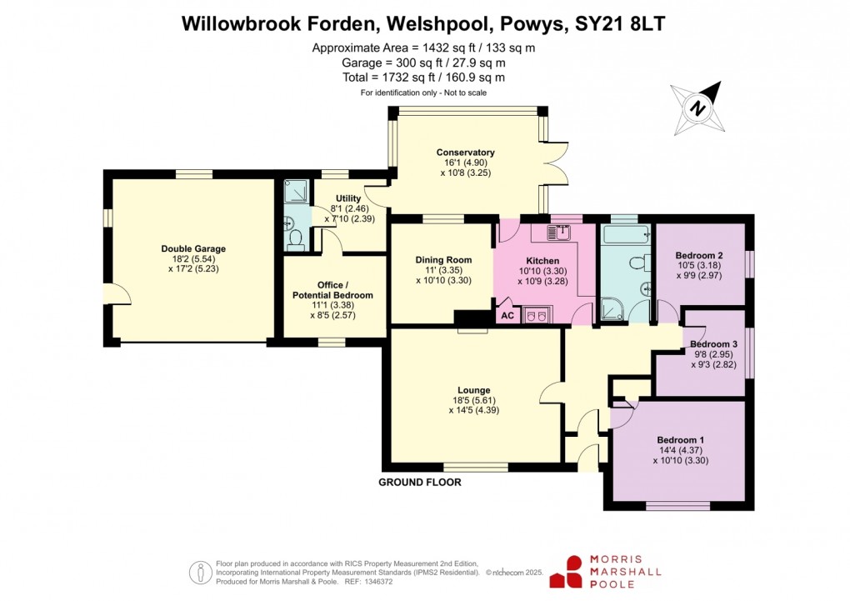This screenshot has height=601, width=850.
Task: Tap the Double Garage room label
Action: [193, 248]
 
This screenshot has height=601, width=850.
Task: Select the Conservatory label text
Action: [466, 153]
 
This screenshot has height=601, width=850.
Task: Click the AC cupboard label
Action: [506, 317]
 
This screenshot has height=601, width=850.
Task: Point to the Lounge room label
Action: [473, 390]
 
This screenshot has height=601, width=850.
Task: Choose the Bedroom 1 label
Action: [680, 440]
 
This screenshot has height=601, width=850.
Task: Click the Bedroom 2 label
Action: [698, 255]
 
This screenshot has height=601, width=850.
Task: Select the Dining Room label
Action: [443, 260]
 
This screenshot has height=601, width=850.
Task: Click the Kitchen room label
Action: [542, 260]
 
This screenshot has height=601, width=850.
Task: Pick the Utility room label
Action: [348, 198]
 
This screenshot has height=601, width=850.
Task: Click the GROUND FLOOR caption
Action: [419, 483]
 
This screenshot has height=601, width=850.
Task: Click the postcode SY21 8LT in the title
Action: [620, 24]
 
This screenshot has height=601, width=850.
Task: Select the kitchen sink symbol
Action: [557, 233]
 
